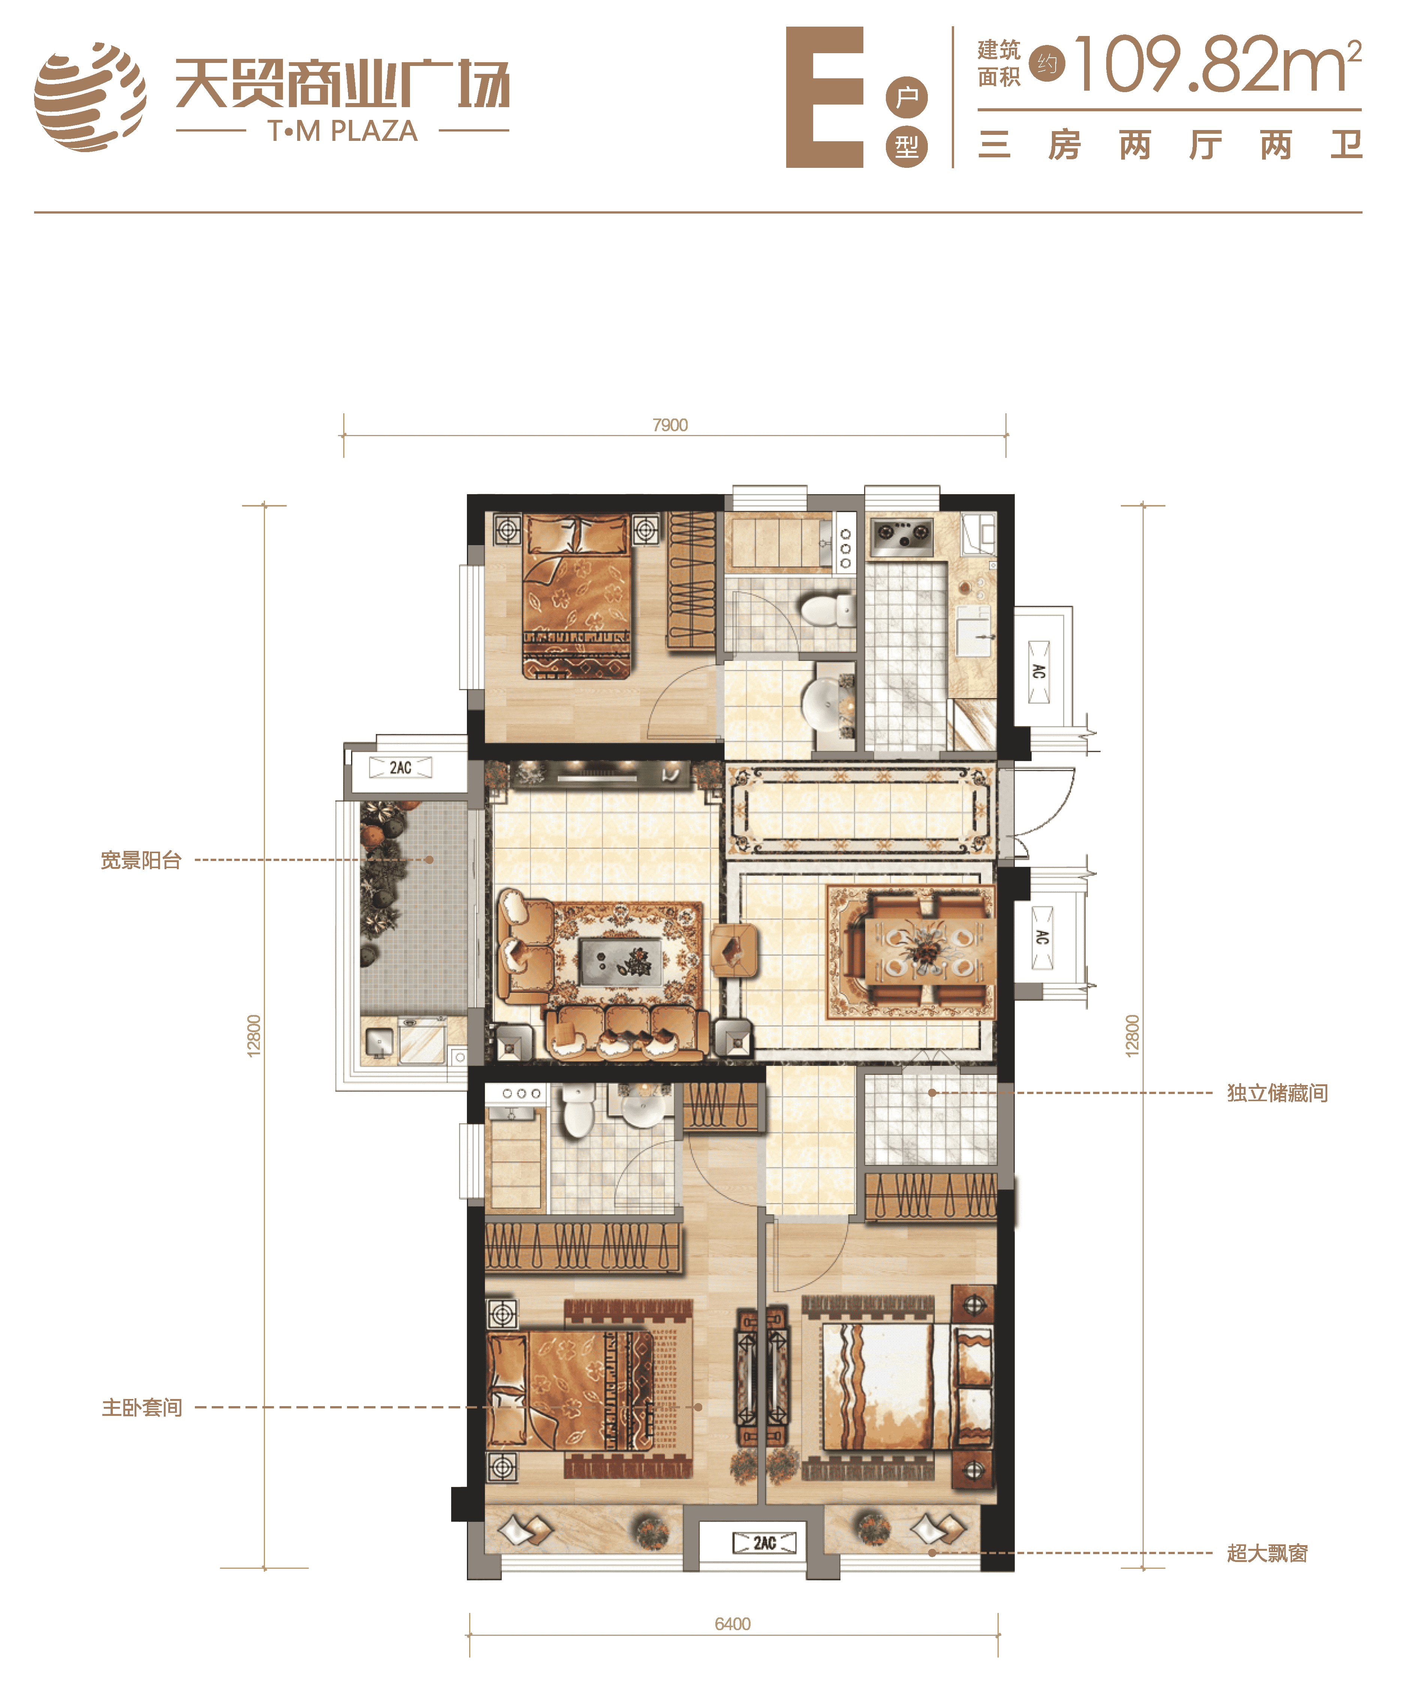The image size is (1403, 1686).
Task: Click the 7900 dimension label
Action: click(670, 425)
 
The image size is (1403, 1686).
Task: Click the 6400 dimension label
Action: click(733, 1624)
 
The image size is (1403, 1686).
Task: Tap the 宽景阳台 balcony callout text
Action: click(141, 860)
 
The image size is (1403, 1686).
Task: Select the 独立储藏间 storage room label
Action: click(1277, 1093)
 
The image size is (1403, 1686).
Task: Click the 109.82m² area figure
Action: click(1218, 64)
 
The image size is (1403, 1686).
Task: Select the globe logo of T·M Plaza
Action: click(90, 96)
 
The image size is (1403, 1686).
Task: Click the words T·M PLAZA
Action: click(343, 131)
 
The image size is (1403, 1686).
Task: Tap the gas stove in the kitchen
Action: click(903, 538)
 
